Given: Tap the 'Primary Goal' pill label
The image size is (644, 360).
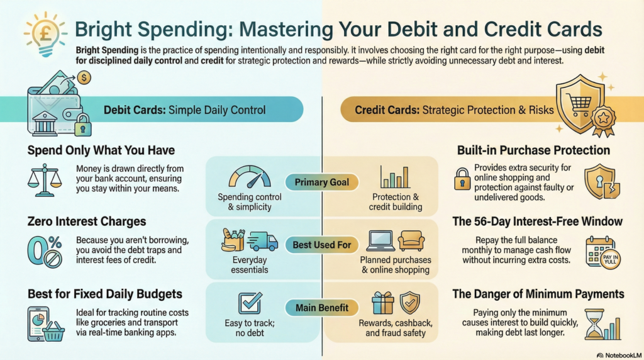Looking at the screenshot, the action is [x=321, y=182].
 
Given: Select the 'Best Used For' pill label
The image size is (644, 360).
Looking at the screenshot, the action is [x=321, y=245].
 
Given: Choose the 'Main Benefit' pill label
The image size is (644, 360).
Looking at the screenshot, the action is [x=321, y=308].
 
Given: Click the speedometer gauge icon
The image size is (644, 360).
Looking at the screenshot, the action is [x=249, y=177].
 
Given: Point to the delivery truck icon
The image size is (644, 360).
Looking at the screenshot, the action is [x=264, y=241].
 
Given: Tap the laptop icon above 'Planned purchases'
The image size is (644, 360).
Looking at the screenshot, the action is [x=380, y=241].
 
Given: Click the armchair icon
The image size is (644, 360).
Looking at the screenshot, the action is [x=411, y=241].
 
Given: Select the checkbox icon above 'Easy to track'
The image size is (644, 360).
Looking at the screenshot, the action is [x=250, y=303].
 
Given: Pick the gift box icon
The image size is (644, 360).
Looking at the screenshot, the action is [x=383, y=303].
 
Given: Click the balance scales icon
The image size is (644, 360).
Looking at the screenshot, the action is [x=45, y=181].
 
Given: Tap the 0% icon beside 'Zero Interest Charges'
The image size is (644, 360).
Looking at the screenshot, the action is [x=45, y=252].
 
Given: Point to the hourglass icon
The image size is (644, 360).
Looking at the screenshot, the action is [x=594, y=324].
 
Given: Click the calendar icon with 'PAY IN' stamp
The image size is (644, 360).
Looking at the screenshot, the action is [x=603, y=253].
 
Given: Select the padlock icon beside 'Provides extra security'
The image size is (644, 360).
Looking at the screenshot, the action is [x=462, y=179].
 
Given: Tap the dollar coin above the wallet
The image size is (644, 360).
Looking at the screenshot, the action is [x=84, y=77].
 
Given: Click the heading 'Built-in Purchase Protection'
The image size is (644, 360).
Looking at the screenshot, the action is [x=533, y=150].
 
